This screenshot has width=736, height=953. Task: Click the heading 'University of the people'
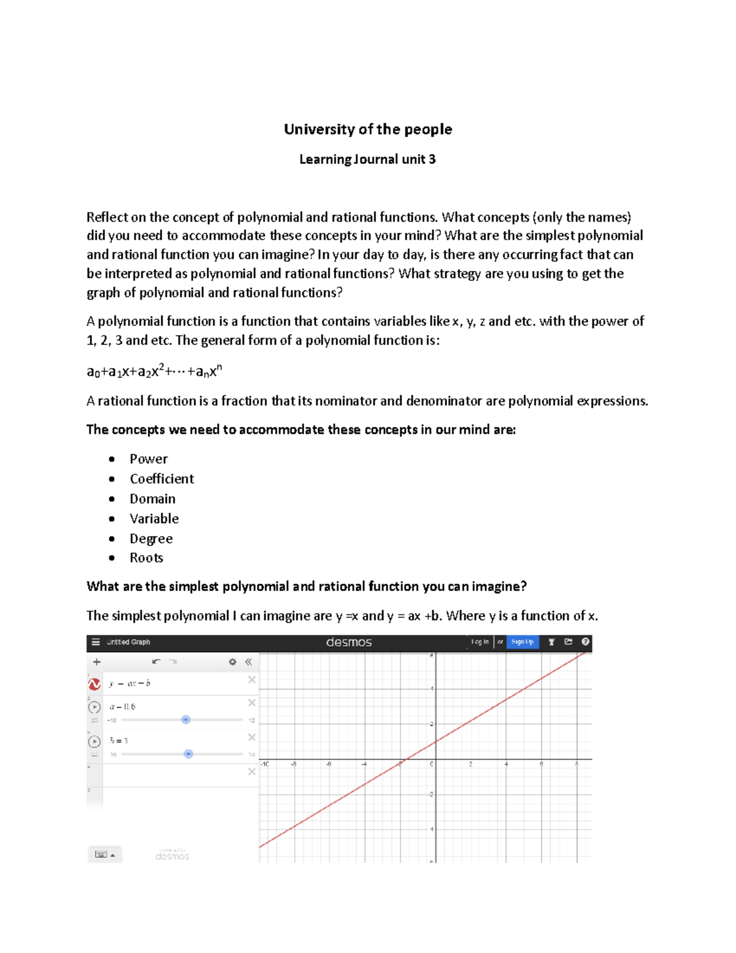(367, 129)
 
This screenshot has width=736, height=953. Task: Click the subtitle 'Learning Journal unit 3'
(367, 160)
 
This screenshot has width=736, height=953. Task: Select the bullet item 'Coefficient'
(161, 479)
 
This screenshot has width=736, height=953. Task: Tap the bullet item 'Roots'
(146, 558)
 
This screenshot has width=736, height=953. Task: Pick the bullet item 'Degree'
(151, 539)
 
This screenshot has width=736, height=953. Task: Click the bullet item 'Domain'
(152, 499)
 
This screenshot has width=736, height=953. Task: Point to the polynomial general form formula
(154, 371)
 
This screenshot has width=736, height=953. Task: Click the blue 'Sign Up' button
(522, 642)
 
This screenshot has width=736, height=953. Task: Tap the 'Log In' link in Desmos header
(480, 642)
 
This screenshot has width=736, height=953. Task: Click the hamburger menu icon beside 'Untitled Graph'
(96, 642)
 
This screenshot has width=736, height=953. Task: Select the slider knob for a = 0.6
(186, 720)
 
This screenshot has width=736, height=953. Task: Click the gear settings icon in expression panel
(232, 662)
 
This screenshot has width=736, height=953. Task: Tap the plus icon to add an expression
(96, 662)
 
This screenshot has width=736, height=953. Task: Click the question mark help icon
(585, 642)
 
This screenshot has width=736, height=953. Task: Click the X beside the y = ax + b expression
(251, 680)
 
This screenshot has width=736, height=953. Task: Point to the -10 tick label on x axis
(264, 765)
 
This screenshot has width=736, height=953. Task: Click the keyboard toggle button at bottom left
(104, 854)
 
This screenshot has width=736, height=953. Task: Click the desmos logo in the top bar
(348, 642)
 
